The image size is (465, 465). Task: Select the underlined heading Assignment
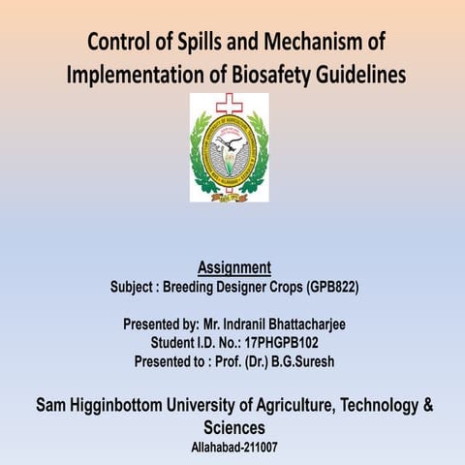coord(233,267)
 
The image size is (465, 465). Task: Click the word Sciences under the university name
coord(233,427)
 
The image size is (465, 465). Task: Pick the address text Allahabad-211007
coord(233,449)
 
